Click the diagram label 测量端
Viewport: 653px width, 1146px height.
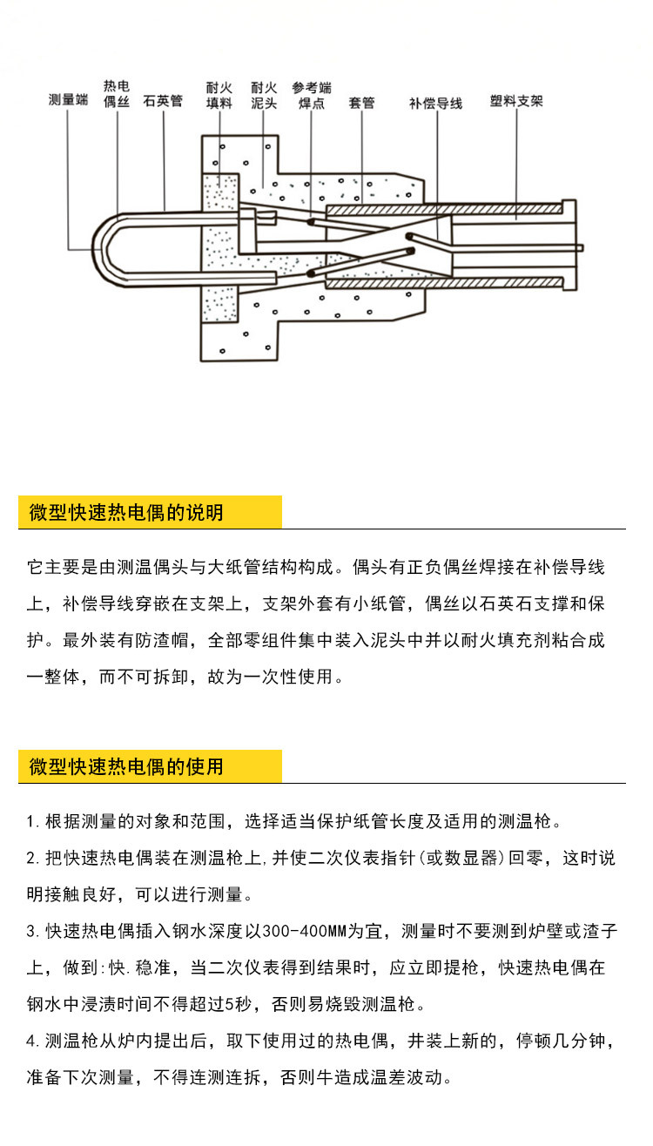[x=68, y=101]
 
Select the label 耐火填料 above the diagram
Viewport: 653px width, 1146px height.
[x=219, y=95]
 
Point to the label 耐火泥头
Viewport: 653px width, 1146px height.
[x=263, y=95]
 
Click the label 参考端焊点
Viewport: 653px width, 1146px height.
[x=311, y=95]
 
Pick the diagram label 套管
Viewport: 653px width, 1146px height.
[x=361, y=103]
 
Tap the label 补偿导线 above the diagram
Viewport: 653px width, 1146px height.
[x=435, y=103]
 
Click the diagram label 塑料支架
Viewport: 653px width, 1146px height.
[x=516, y=101]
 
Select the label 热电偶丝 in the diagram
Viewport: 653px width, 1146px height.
[x=116, y=94]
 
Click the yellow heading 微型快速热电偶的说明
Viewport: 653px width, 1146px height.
[x=126, y=512]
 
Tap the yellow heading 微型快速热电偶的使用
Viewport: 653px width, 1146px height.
[x=126, y=766]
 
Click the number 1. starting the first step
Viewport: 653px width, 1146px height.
[x=31, y=821]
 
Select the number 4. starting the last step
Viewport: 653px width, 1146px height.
[x=32, y=1041]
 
